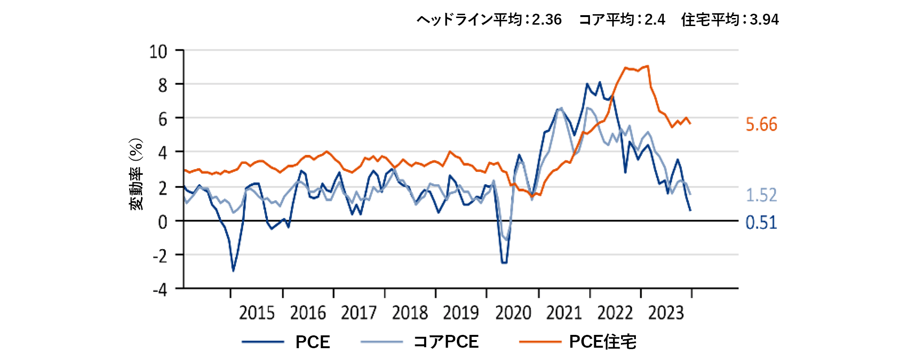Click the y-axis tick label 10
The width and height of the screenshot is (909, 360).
(x=158, y=51)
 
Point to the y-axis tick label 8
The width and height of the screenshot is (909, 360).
(x=163, y=85)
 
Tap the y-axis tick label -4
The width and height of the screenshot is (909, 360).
(x=160, y=289)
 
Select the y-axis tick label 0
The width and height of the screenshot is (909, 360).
(x=163, y=222)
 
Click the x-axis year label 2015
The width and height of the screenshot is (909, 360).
(x=257, y=313)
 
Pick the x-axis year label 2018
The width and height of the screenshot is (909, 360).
(x=410, y=313)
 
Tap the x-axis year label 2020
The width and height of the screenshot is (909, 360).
(x=513, y=313)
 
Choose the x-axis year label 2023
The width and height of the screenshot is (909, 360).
(x=666, y=313)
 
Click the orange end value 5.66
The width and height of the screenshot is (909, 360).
(x=761, y=125)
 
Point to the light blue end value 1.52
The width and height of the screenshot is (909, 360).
(x=761, y=195)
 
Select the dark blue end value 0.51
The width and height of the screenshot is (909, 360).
(x=761, y=223)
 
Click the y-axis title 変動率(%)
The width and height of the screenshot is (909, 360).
(x=136, y=174)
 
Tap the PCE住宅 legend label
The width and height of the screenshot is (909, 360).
(x=603, y=342)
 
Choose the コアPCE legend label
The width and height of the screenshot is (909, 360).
(x=446, y=342)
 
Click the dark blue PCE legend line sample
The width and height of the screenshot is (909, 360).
(x=263, y=342)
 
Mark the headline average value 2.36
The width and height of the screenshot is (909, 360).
(x=547, y=19)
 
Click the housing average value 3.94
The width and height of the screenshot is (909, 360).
(x=764, y=19)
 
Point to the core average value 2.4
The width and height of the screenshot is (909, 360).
(x=655, y=19)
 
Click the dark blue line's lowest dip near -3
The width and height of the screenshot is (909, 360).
(x=233, y=270)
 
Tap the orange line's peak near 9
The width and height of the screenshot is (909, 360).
(x=647, y=66)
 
